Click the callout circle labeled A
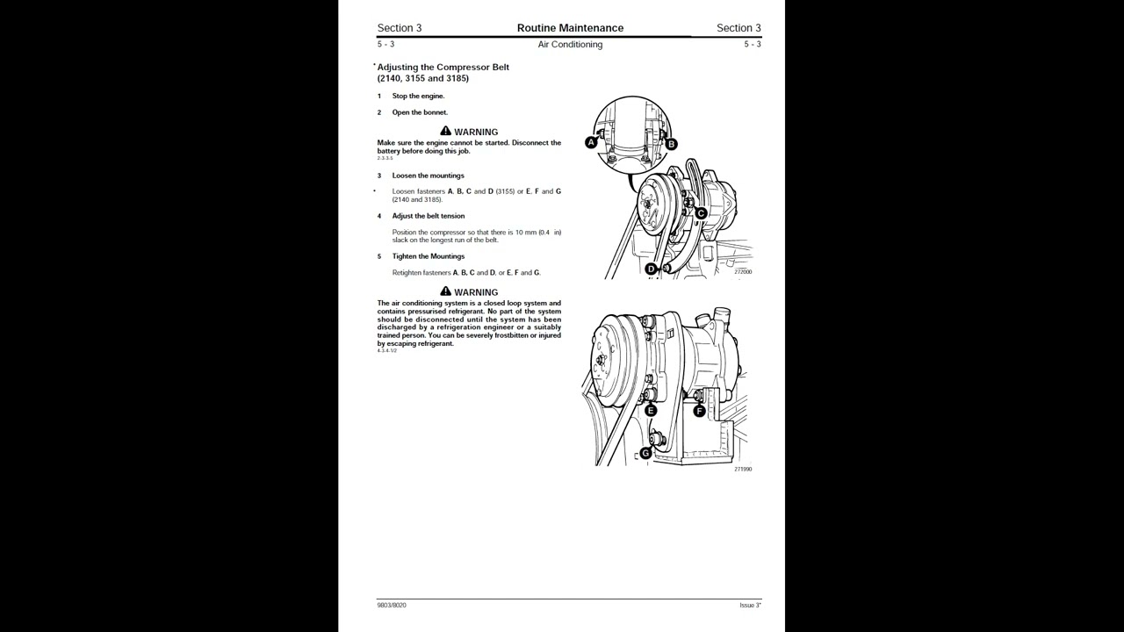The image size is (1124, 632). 591,142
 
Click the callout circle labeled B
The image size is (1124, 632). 671,144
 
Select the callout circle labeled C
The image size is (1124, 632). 701,213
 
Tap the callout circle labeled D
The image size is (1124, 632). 651,269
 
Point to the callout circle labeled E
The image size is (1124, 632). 651,411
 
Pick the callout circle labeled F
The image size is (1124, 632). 699,411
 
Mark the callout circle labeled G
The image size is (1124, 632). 645,453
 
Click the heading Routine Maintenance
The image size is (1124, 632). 570,28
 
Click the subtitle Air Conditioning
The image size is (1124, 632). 570,45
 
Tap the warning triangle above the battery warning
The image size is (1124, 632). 445,131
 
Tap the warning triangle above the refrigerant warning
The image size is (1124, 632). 445,291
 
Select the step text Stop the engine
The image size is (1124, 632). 418,96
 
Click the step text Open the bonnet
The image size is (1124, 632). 420,112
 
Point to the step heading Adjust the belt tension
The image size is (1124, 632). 429,216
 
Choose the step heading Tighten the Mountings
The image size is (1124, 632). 429,256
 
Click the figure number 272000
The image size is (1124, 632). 743,272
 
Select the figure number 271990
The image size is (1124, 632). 743,470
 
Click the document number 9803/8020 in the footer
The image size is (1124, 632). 392,605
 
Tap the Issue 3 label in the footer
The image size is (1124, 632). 750,605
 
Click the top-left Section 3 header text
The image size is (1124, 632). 400,28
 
